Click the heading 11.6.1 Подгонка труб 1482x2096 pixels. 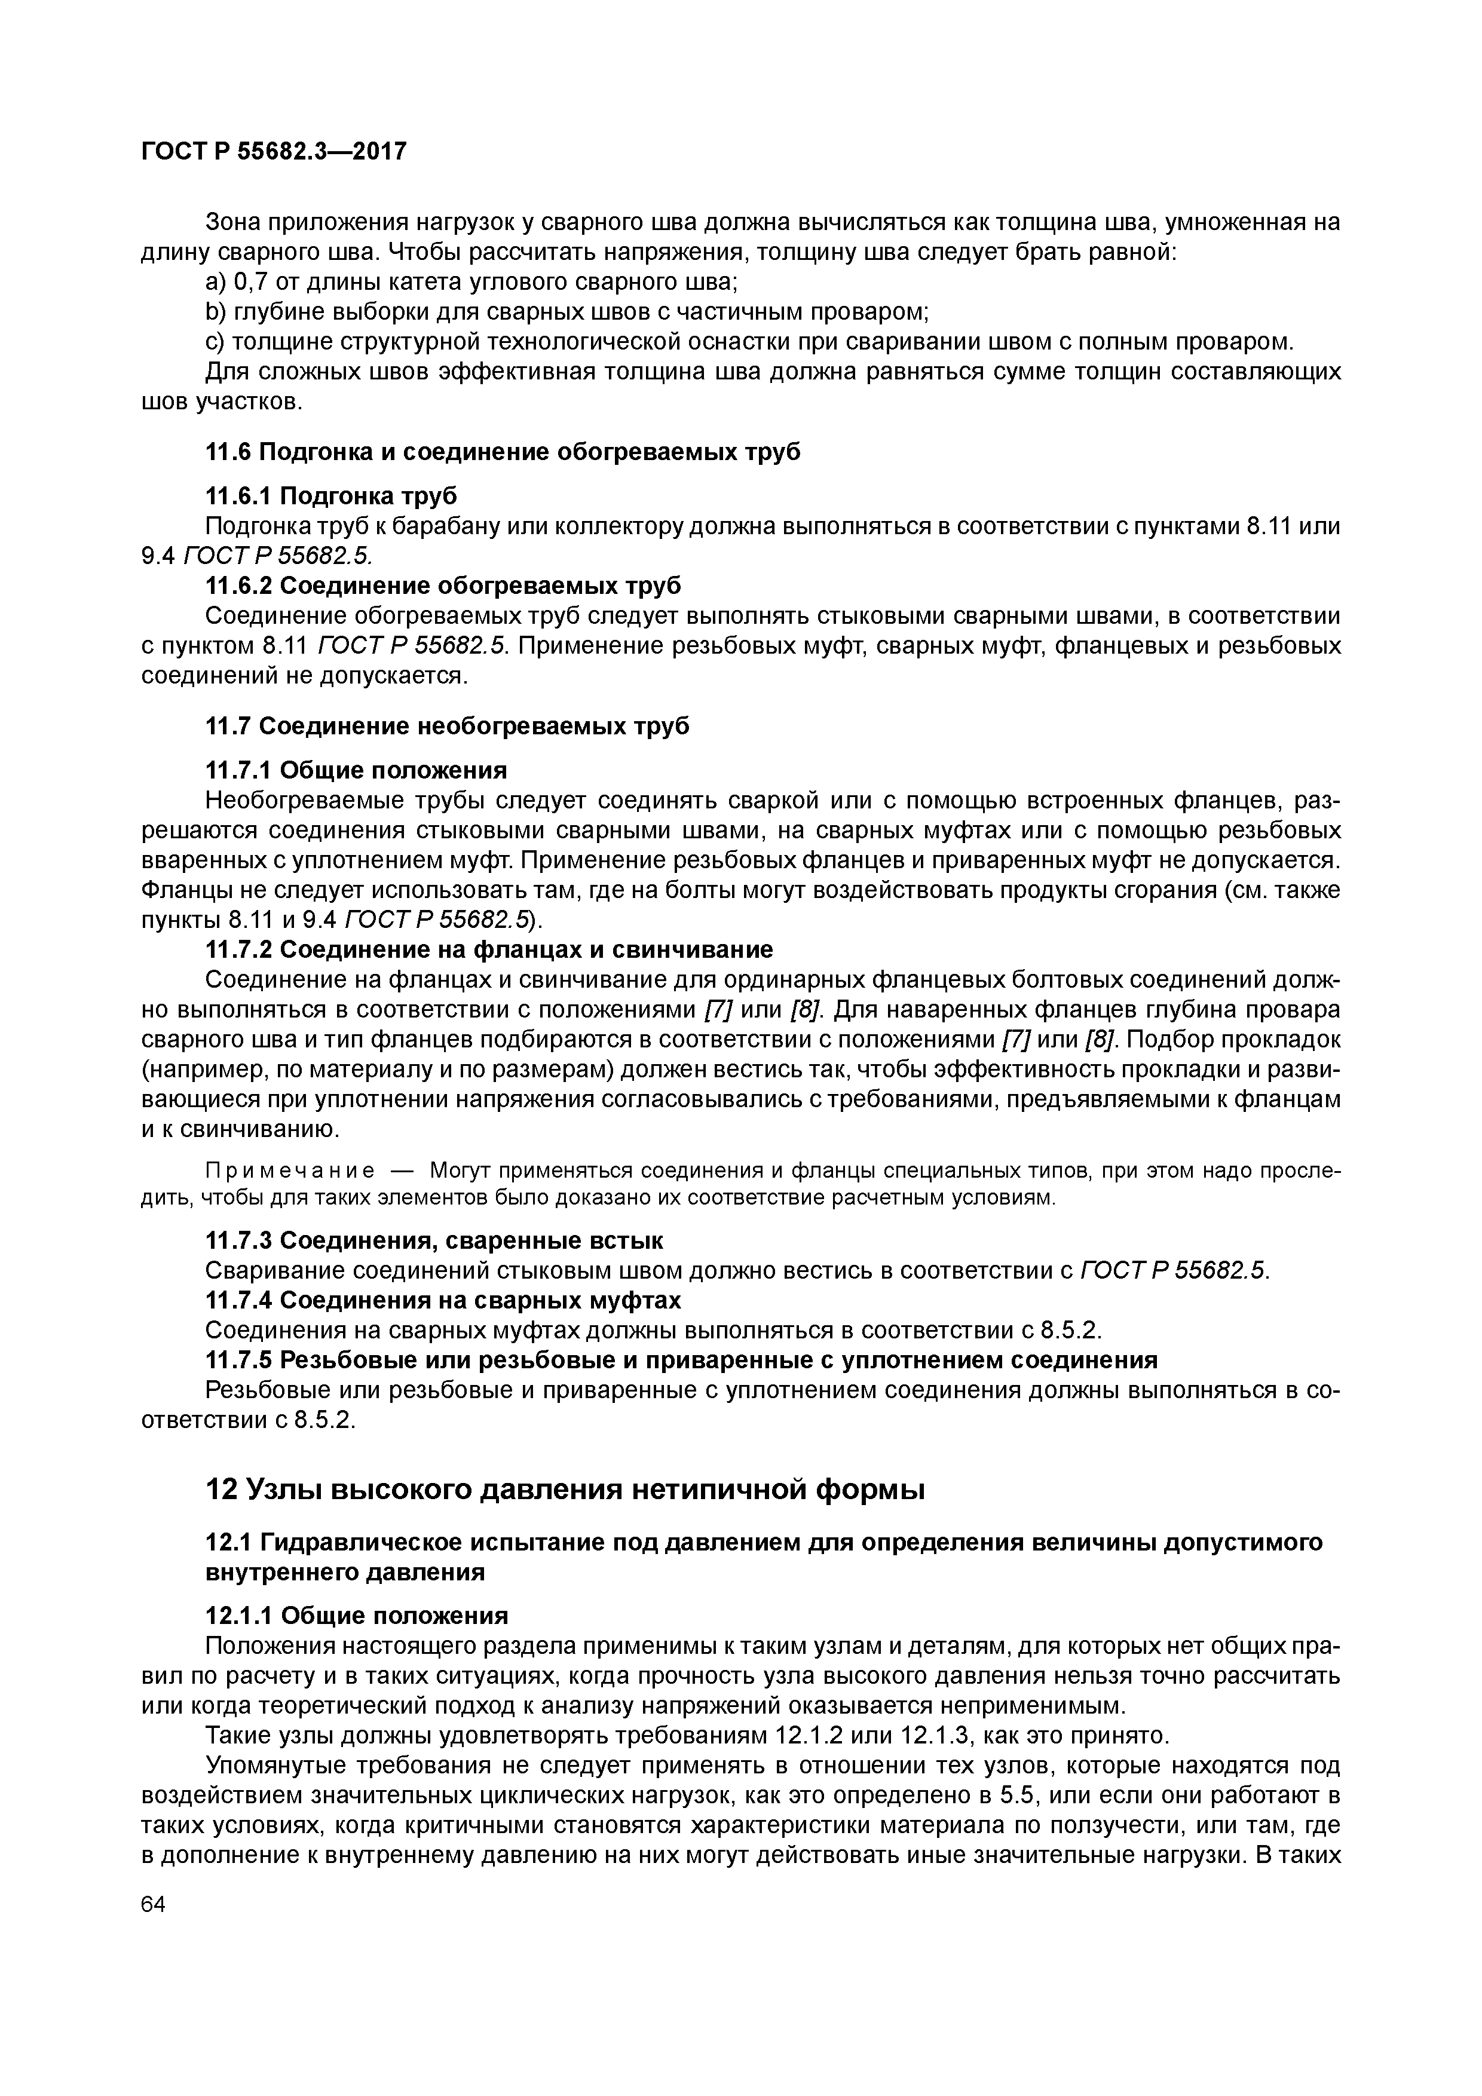coord(332,496)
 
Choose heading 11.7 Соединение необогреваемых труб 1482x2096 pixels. coord(448,727)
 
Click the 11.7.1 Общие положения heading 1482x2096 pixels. coord(356,771)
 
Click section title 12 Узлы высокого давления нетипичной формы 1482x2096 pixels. coord(565,1490)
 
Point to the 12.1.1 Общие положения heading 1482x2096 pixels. coord(356,1616)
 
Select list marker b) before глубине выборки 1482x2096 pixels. coord(216,312)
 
